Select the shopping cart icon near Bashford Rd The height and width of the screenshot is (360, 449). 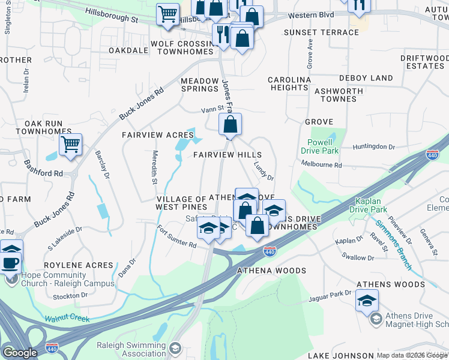click(71, 145)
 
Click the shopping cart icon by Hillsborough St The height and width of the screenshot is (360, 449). click(168, 14)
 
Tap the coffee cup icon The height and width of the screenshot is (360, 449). click(11, 263)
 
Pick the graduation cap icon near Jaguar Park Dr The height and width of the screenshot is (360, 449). click(367, 300)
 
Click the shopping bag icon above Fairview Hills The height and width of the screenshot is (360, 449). click(230, 125)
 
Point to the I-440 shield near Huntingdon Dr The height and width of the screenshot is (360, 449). click(433, 155)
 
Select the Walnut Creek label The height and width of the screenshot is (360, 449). click(67, 318)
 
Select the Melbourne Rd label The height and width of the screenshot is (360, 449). click(321, 165)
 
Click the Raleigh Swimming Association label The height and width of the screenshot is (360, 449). click(131, 349)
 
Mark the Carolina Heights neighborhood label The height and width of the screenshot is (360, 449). click(289, 83)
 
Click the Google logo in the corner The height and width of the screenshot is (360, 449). click(19, 353)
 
